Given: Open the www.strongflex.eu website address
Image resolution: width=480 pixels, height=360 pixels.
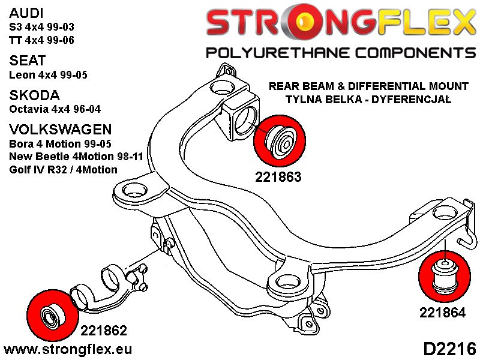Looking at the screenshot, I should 68,349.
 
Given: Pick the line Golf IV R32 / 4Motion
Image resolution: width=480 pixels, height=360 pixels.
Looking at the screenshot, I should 63,170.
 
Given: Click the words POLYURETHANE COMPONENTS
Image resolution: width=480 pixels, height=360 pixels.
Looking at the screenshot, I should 340,53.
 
